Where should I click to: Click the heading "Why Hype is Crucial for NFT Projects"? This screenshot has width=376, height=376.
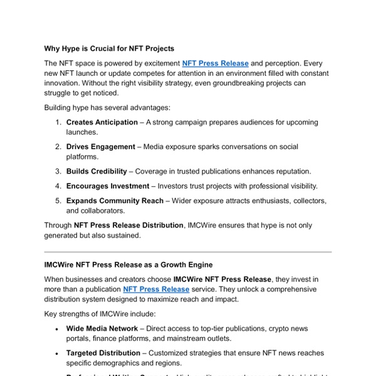coord(109,48)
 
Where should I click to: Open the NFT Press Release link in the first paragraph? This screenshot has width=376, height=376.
coord(215,63)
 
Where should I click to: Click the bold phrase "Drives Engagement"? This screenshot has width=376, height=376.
coord(100,147)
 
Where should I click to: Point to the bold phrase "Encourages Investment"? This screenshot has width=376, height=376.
coord(108,186)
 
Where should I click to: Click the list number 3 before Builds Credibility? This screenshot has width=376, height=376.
coord(58,171)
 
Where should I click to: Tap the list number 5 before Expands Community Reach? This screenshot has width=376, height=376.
coord(58,201)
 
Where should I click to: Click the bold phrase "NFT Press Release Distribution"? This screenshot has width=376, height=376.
coord(129,225)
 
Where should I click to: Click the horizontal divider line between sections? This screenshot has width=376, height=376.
coord(188,252)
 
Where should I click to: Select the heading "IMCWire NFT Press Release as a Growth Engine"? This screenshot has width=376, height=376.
coord(128,265)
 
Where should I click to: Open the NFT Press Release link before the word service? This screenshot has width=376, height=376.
coord(156,290)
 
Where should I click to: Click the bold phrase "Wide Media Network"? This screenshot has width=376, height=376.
coord(102,328)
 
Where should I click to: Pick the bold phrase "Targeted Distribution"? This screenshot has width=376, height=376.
coord(104,353)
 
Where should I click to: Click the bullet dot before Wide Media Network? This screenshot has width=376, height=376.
coord(58,329)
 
